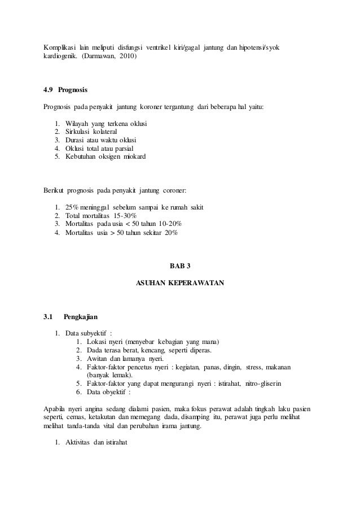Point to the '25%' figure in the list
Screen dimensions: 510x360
74,208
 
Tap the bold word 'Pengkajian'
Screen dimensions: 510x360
81,317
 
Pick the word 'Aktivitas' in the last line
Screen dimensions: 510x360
80,442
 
